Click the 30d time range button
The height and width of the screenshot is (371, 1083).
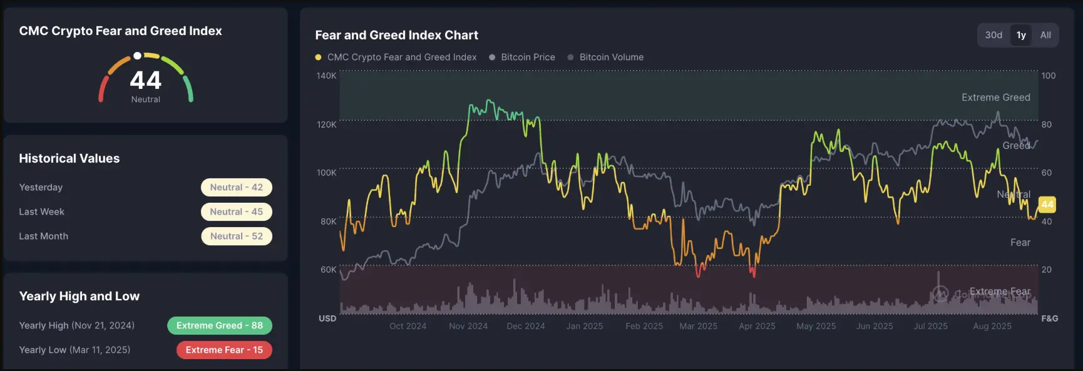click(x=993, y=35)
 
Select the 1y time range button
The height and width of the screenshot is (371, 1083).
click(x=1021, y=35)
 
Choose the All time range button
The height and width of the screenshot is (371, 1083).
click(x=1045, y=35)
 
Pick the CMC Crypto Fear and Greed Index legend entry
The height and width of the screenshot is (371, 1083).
click(x=396, y=57)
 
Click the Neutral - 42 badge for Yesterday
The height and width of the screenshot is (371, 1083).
click(x=237, y=187)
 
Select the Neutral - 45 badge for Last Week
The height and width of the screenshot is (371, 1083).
click(x=237, y=211)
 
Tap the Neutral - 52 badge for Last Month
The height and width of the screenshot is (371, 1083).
click(x=237, y=236)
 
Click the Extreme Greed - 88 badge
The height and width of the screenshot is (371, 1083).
click(x=220, y=325)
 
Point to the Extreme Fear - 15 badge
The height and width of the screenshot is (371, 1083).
click(x=224, y=350)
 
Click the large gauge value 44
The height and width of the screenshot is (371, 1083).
click(x=146, y=80)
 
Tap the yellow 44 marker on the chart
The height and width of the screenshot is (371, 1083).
click(x=1047, y=205)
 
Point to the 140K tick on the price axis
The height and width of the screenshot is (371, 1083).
click(x=326, y=76)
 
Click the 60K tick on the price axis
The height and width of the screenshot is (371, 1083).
click(x=328, y=270)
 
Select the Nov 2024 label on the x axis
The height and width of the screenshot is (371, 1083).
click(x=468, y=326)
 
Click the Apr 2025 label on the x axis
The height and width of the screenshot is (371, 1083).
click(x=757, y=326)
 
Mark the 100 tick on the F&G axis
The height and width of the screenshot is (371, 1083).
click(x=1049, y=76)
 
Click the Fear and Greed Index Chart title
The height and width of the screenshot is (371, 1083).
click(x=396, y=35)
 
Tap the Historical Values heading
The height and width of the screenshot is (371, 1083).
click(x=69, y=158)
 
